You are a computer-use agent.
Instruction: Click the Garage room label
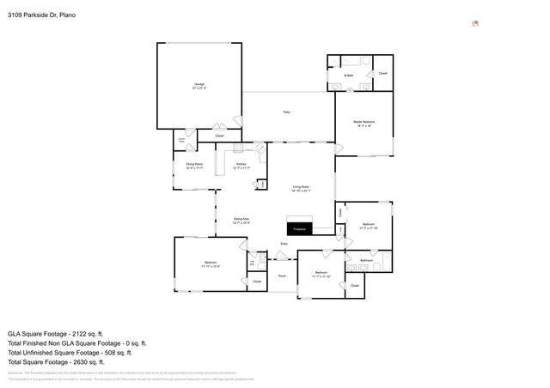[199, 86]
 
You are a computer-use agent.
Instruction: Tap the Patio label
[286, 112]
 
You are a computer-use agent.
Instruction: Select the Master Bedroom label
[365, 124]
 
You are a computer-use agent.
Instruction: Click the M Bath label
[349, 76]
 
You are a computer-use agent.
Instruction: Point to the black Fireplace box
[300, 228]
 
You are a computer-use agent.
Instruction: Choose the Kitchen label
[241, 166]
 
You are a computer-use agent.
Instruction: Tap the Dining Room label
[194, 166]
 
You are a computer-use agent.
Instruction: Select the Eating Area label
[241, 221]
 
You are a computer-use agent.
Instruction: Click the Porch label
[282, 276]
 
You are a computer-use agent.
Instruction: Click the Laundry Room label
[182, 140]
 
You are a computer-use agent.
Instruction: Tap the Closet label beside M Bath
[383, 74]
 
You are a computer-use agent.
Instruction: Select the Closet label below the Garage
[219, 136]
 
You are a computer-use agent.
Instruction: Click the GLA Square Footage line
[55, 333]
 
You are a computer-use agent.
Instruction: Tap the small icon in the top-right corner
[475, 23]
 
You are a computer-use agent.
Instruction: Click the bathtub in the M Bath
[352, 61]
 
